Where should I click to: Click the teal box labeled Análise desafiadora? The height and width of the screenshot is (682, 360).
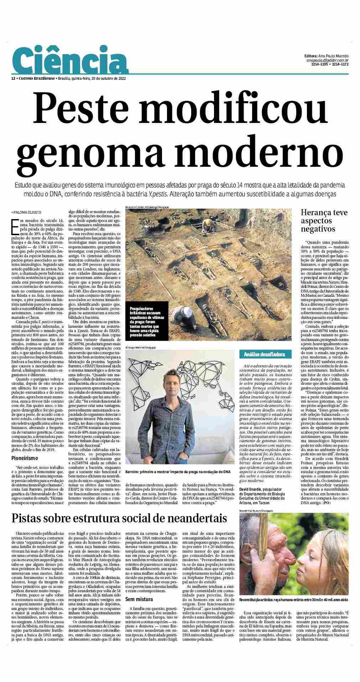pos(266,354)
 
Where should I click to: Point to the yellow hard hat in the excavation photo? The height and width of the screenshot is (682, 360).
pos(206,223)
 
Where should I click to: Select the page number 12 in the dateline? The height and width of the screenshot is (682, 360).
pos(13,78)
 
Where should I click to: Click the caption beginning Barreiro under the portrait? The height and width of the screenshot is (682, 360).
pos(178,472)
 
